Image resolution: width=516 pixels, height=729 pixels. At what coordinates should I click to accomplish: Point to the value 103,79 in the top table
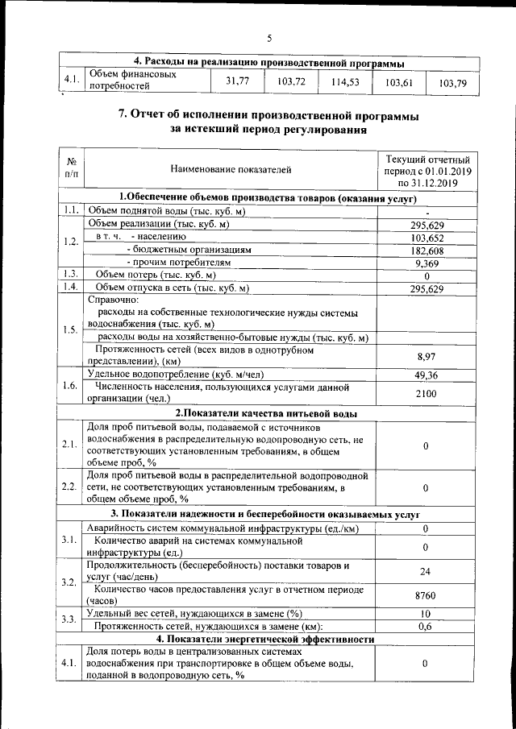point(452,83)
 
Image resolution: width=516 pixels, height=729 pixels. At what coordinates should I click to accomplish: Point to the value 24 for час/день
point(425,571)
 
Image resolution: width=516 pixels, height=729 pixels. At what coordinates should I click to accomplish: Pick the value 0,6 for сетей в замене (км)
point(425,626)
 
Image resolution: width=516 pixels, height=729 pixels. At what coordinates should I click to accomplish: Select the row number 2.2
point(69,487)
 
